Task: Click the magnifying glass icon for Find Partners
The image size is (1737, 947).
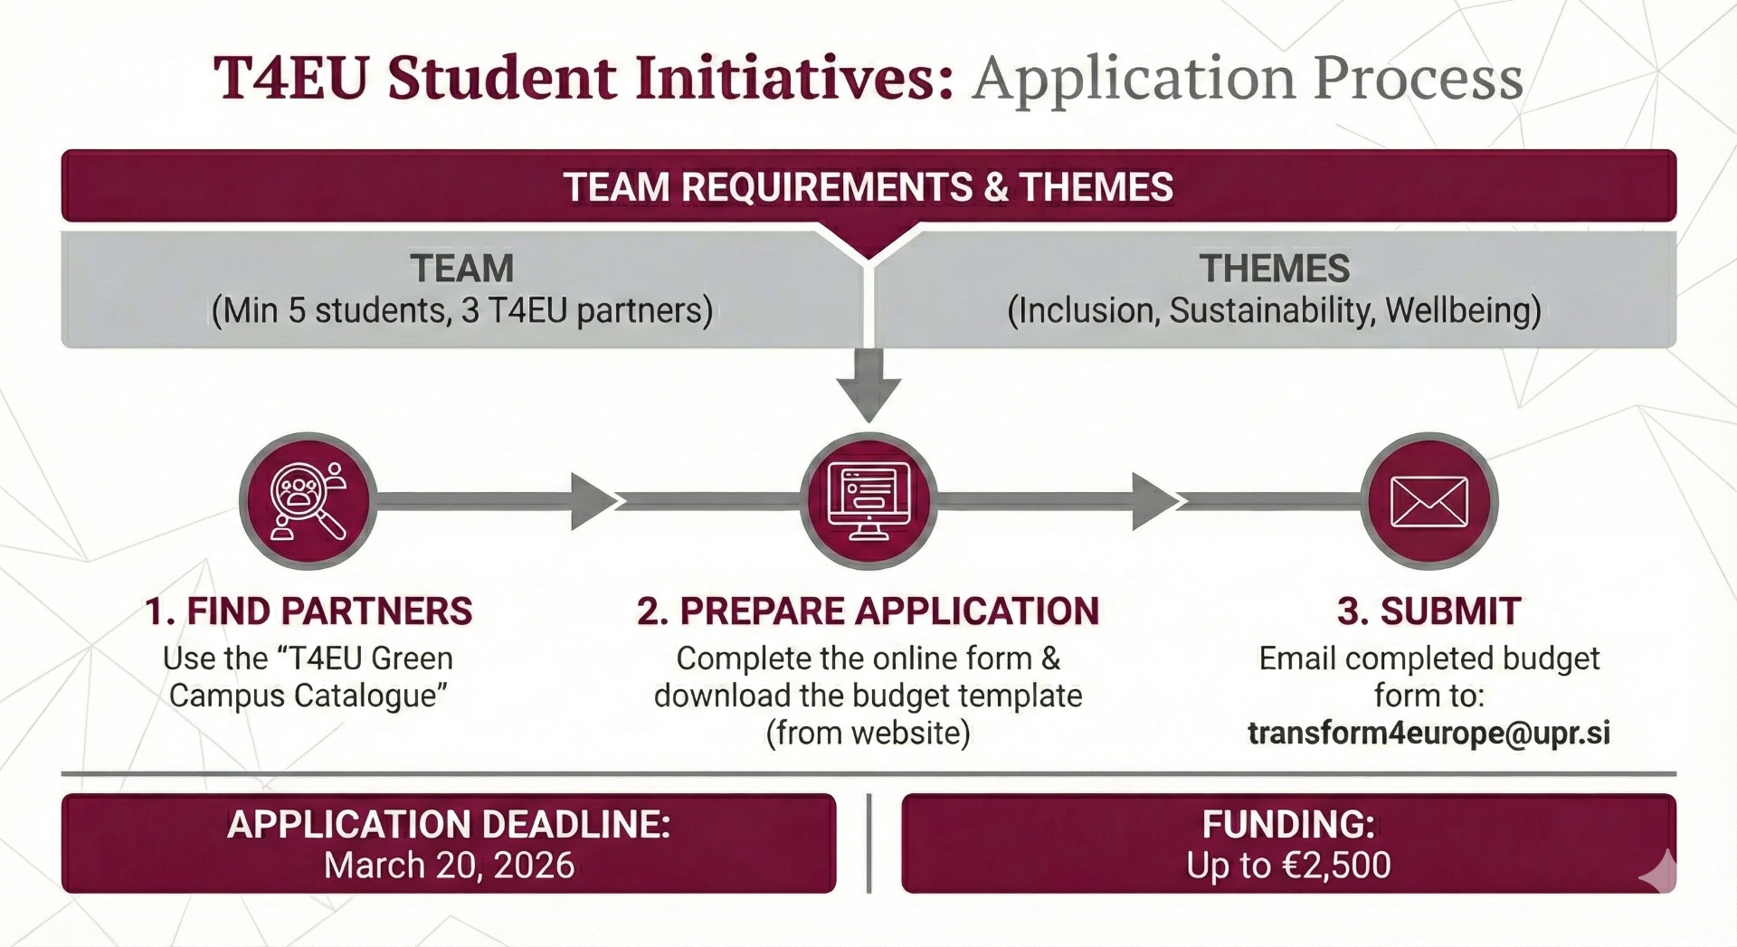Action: point(308,501)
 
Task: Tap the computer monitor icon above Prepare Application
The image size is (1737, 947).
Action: point(868,501)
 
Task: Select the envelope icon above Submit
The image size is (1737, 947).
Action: point(1429,501)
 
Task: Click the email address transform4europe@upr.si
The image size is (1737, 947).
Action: point(1429,733)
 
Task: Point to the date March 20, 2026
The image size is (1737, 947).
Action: point(449,866)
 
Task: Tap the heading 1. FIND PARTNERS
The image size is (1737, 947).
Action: point(308,611)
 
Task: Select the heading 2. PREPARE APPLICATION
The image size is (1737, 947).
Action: point(868,611)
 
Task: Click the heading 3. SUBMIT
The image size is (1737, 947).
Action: point(1429,611)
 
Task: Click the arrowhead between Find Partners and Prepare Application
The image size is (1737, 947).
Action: point(593,501)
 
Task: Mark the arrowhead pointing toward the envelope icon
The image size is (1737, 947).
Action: point(1154,501)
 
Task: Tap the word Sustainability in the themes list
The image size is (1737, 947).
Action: point(1272,310)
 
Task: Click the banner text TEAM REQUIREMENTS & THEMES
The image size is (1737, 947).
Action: point(868,187)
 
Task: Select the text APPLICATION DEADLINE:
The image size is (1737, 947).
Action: point(449,824)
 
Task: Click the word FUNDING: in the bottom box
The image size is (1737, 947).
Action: point(1288,824)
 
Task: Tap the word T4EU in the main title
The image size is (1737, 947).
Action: point(291,78)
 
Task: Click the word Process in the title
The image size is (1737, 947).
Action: point(1418,78)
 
